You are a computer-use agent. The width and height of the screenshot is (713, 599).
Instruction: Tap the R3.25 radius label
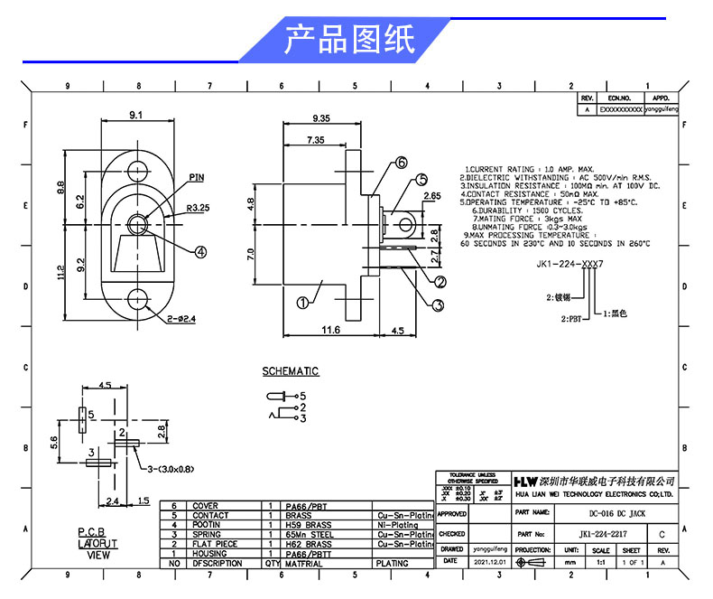click(198, 208)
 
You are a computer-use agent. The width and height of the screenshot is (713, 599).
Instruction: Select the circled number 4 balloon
click(200, 251)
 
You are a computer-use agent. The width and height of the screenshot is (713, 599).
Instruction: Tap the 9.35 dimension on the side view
click(319, 118)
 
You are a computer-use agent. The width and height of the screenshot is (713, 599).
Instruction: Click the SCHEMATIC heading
click(291, 371)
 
